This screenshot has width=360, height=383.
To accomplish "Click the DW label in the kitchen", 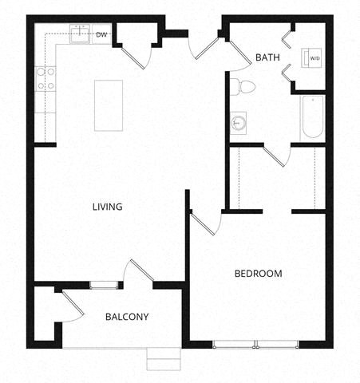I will [x=101, y=35].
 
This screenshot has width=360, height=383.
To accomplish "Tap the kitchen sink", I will [x=81, y=34].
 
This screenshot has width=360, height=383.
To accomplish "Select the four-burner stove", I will [x=45, y=77].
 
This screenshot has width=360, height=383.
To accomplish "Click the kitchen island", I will [x=109, y=105].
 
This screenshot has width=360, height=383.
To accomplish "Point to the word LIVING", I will [x=106, y=207].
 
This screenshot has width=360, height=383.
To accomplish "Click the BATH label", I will [x=266, y=57].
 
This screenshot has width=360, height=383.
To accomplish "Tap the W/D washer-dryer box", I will [x=311, y=58].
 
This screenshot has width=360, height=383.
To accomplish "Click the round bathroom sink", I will [x=239, y=123].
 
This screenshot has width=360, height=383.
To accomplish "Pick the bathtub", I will [x=312, y=116].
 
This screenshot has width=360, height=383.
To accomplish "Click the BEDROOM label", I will [x=258, y=274].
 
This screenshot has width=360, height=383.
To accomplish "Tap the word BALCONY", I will [x=127, y=317].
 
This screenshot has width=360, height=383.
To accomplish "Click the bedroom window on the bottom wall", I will [x=257, y=345].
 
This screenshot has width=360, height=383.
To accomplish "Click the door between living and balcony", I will [x=137, y=272].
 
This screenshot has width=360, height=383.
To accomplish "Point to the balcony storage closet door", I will [x=72, y=307].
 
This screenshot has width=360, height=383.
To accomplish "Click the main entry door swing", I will [x=207, y=45].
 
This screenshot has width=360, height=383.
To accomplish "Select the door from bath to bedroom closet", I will [x=275, y=155].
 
